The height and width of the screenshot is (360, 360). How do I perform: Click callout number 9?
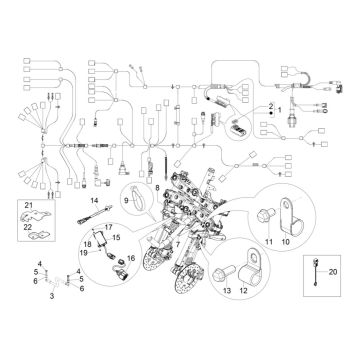(126, 201)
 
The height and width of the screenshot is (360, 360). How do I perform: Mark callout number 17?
(109, 230)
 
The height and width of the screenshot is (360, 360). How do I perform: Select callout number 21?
(30, 206)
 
